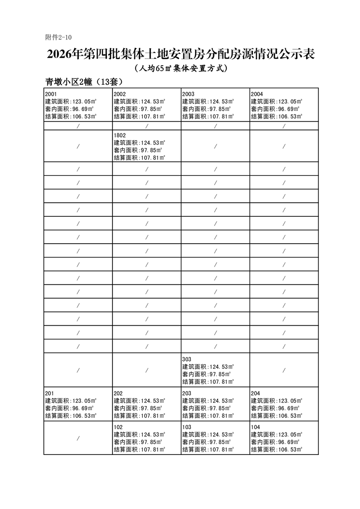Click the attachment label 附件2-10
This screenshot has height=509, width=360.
[x=58, y=37]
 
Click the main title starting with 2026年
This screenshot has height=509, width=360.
[x=180, y=54]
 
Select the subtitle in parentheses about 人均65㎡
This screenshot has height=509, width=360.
[x=180, y=69]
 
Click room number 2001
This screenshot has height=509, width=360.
[x=51, y=94]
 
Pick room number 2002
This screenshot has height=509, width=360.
[x=120, y=94]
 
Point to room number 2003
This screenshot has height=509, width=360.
[x=188, y=94]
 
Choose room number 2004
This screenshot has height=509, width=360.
[x=257, y=94]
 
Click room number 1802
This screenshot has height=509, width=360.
[x=120, y=135]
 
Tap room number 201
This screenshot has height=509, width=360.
[x=49, y=393]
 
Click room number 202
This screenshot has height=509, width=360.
[x=118, y=393]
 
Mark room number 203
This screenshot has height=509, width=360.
[x=186, y=393]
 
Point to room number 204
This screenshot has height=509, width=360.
[x=255, y=393]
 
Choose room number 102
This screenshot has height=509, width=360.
[x=118, y=427]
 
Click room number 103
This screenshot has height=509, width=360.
[x=186, y=427]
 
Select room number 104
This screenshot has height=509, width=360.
[x=255, y=427]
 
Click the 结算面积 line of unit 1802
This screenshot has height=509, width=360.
[x=139, y=157]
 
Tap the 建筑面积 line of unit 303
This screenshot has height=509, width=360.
[x=208, y=367]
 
